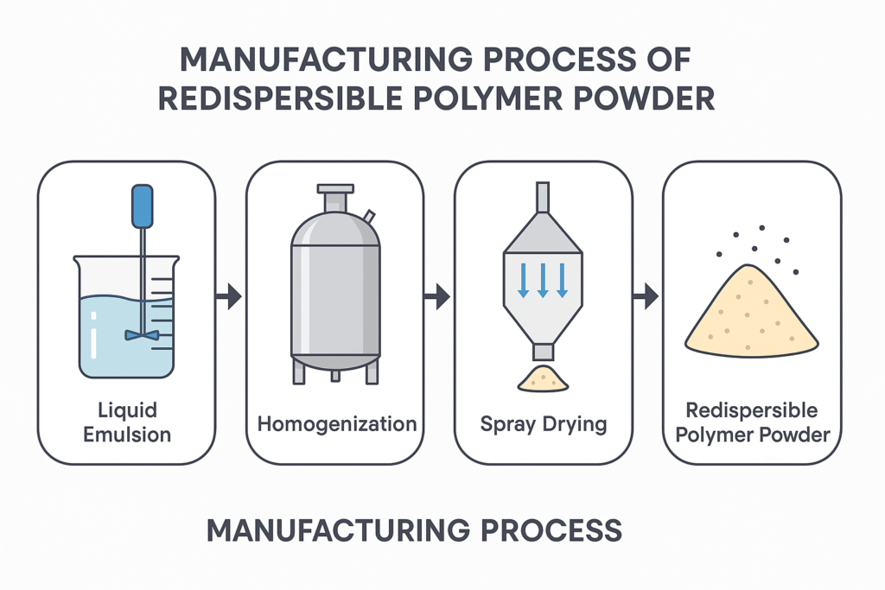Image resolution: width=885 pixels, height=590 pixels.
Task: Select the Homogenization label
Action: coord(337,424)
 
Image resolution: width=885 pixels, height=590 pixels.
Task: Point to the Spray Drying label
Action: coord(544,424)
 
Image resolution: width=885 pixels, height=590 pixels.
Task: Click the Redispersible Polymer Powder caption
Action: coord(752,422)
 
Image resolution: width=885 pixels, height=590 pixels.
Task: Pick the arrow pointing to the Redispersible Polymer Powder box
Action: coord(645,298)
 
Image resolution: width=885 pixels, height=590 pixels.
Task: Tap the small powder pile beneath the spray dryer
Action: coord(543,378)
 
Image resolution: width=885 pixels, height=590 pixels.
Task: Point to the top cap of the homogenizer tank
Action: coord(335,188)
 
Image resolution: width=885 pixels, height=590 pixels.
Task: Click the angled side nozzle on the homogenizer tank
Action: coord(369,216)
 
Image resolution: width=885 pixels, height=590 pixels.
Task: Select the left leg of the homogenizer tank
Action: coord(299,371)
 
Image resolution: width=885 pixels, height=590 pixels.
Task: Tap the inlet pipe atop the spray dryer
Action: coord(543,196)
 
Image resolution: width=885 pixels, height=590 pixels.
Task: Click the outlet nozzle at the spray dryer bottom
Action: coord(543,352)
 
